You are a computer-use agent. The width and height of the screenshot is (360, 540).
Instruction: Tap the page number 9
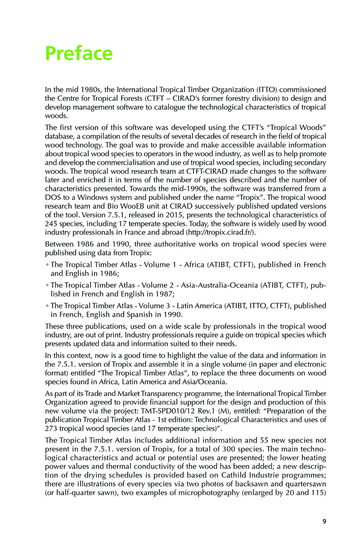click(x=324, y=522)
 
